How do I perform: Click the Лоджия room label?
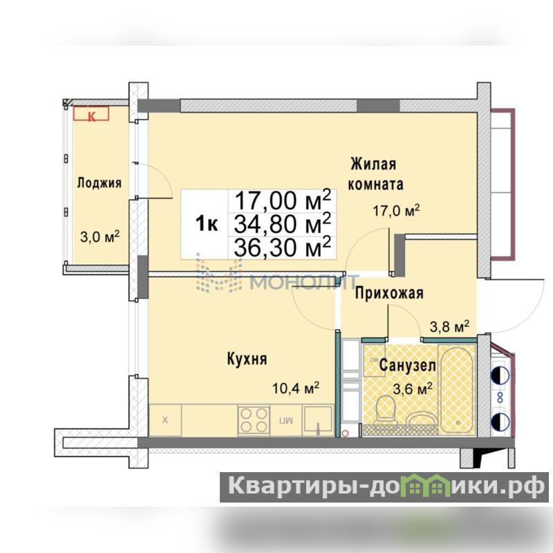click(99, 183)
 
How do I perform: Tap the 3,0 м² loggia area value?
click(100, 236)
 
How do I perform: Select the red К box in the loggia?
click(91, 113)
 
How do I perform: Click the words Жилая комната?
click(375, 174)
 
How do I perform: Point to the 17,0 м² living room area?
click(396, 211)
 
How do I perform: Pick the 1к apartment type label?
click(206, 223)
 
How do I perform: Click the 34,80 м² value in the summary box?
click(283, 224)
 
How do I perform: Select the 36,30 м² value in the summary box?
click(283, 247)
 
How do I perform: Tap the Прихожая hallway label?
click(389, 293)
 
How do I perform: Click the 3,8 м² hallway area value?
click(449, 326)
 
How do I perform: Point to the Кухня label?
click(247, 359)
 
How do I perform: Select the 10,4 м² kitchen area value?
click(296, 388)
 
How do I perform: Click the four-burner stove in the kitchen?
click(254, 420)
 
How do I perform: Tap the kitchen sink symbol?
click(318, 420)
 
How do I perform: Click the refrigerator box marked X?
click(165, 420)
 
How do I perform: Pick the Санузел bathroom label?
click(407, 366)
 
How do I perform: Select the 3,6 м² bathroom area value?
click(413, 389)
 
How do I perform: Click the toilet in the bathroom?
click(385, 411)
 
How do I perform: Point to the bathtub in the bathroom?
click(457, 389)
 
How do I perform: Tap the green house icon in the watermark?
click(428, 487)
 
